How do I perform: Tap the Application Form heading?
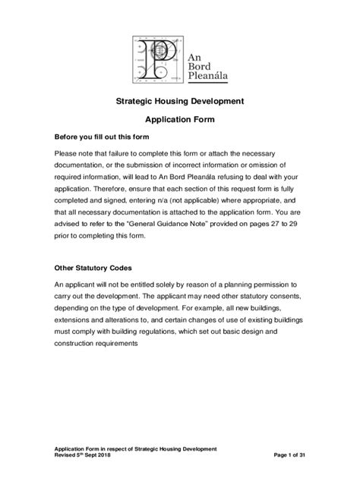pos(179,120)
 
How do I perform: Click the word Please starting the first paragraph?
pos(67,153)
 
